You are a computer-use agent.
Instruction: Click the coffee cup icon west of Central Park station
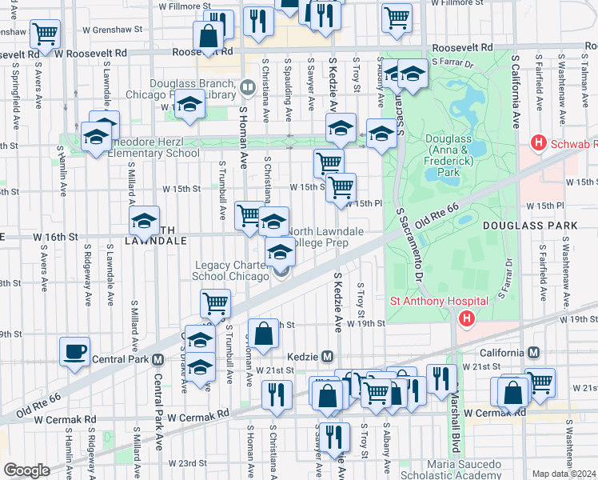click(75, 352)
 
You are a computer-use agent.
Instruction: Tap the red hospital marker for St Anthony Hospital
click(466, 319)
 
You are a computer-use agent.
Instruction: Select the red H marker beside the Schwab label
click(540, 143)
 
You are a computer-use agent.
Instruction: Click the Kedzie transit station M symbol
click(326, 356)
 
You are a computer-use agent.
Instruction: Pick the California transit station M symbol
click(533, 353)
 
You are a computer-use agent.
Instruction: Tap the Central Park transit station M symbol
click(158, 359)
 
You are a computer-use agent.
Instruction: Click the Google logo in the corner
click(26, 470)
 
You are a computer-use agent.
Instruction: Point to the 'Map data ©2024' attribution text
click(564, 474)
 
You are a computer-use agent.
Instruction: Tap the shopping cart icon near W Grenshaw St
click(46, 33)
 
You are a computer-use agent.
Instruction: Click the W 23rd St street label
click(186, 463)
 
